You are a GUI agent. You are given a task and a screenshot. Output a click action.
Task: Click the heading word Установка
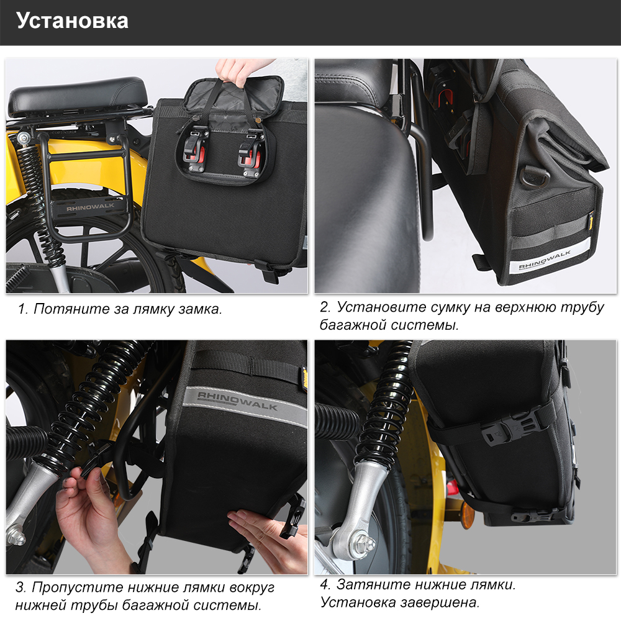(72, 20)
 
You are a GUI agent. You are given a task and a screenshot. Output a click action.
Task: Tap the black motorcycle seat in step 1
(78, 96)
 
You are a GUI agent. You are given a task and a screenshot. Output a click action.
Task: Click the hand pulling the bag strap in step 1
(238, 71)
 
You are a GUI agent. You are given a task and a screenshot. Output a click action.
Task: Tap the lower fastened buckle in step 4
(533, 515)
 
